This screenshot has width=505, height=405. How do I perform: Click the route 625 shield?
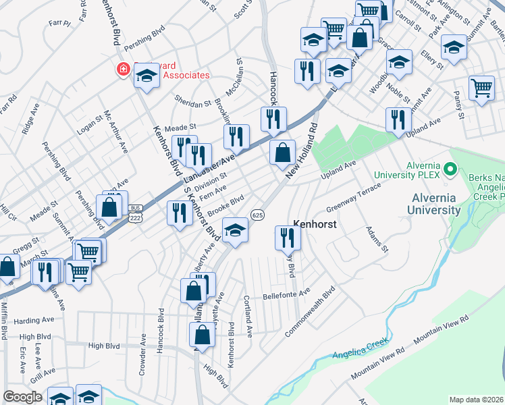click(257, 214)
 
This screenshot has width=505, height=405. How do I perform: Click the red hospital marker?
click(124, 69)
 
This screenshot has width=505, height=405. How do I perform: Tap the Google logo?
click(22, 397)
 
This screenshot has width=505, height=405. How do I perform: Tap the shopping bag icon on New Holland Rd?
click(282, 152)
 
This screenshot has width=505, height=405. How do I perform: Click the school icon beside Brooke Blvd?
click(235, 230)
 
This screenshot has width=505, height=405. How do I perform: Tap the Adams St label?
click(377, 240)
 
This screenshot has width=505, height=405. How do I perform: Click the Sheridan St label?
click(194, 104)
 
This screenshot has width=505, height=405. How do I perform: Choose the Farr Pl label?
click(59, 22)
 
